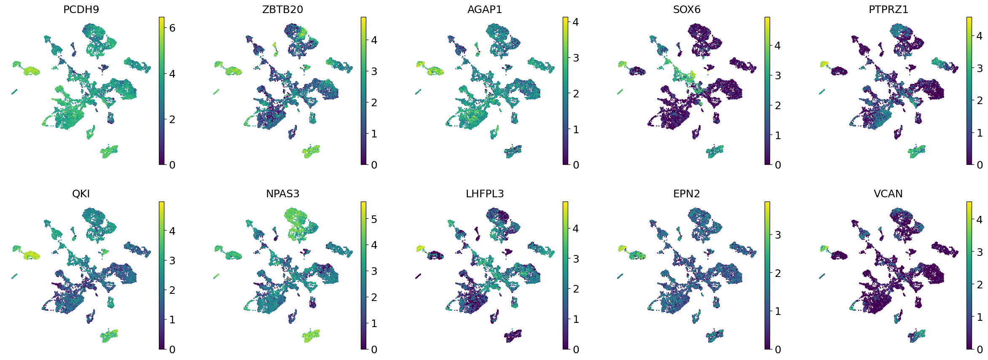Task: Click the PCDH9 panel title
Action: pos(81,10)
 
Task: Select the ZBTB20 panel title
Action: pos(282,10)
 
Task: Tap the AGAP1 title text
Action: pos(484,10)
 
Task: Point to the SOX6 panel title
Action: pos(687,10)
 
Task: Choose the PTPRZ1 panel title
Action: pos(888,10)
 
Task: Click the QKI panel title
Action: pos(81,194)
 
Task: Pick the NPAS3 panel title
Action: pos(282,194)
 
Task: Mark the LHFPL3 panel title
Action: pos(484,194)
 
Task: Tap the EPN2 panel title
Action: pos(687,194)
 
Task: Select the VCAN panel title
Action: pos(888,194)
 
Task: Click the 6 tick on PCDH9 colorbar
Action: pos(172,28)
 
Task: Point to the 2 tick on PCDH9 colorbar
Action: pos(172,119)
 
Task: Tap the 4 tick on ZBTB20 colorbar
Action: pos(374,40)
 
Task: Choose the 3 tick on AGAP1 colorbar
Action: pos(576,58)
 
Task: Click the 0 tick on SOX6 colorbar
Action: pos(778,165)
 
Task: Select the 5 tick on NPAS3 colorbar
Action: pos(374,219)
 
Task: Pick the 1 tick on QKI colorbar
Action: pos(172,320)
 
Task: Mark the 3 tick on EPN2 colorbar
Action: pos(778,235)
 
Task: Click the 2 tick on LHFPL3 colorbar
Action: pos(576,289)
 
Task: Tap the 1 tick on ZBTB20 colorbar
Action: pos(374,134)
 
